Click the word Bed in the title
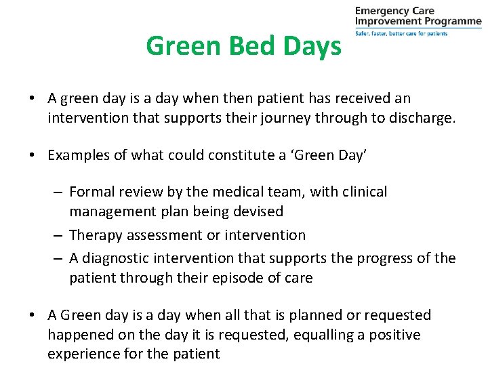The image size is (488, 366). tap(243, 46)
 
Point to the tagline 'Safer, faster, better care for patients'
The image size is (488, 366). tap(401, 33)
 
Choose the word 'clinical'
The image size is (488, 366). tap(363, 192)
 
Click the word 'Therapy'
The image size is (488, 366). tap(95, 235)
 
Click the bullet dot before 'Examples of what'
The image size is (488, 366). tap(33, 156)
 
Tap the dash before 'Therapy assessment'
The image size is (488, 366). tap(59, 235)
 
